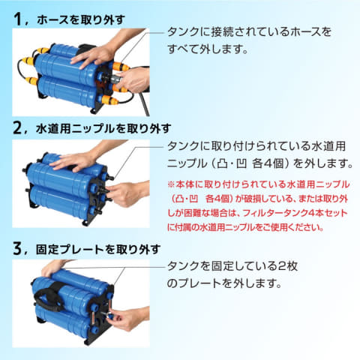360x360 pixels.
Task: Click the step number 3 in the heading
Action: (x=16, y=247)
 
